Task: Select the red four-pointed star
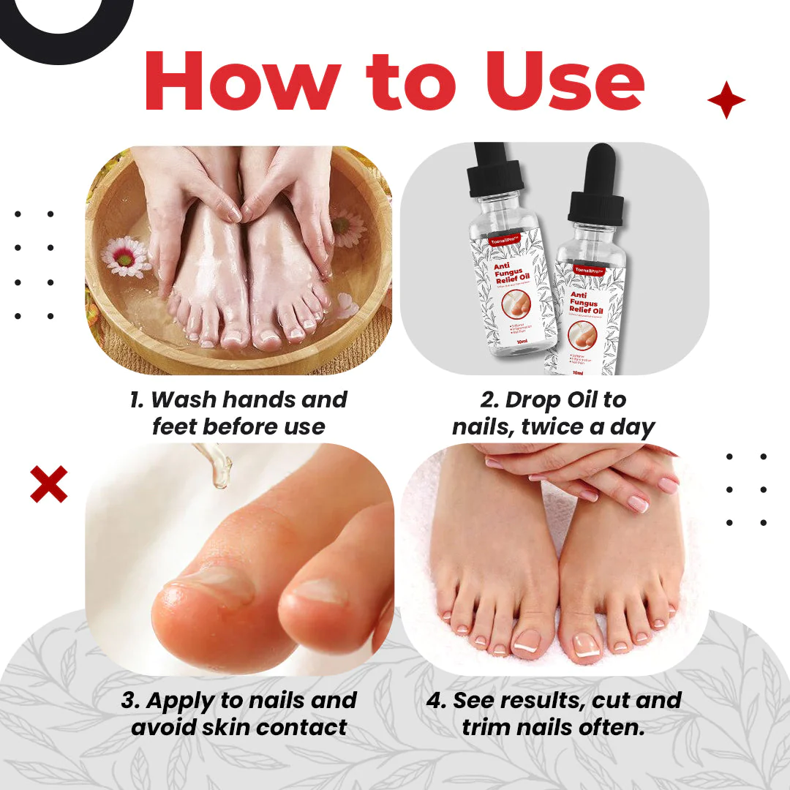point(726,100)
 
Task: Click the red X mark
point(48,484)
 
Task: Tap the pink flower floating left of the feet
point(126,255)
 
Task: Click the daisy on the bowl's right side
point(349,227)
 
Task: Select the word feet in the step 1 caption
point(177,426)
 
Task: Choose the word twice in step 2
point(554,426)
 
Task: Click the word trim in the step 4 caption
point(489,727)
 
